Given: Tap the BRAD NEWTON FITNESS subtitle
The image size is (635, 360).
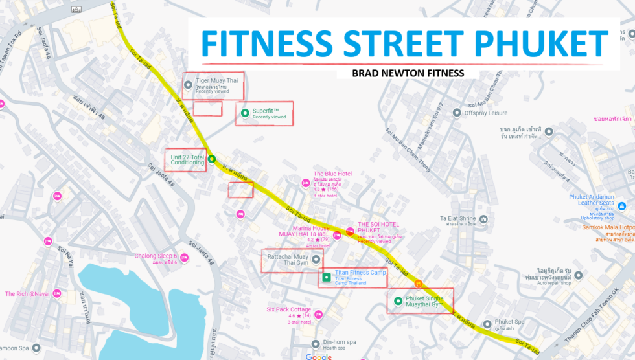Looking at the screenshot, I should [x=408, y=73].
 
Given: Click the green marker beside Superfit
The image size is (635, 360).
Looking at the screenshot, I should [x=245, y=113].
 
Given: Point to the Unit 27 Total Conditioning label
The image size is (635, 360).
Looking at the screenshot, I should [x=187, y=159].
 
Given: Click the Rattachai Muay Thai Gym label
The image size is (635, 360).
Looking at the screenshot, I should [x=288, y=260].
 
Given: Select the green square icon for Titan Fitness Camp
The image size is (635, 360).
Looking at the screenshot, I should [x=327, y=278].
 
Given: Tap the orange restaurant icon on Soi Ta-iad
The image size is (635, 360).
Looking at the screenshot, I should [x=419, y=283].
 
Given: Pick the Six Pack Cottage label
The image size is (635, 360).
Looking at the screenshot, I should [x=289, y=309].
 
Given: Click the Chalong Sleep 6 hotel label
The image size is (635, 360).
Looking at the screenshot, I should [x=156, y=256].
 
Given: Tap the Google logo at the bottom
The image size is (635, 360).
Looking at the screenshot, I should [x=319, y=357].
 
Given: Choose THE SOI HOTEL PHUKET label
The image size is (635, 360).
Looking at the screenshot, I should [x=378, y=227].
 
